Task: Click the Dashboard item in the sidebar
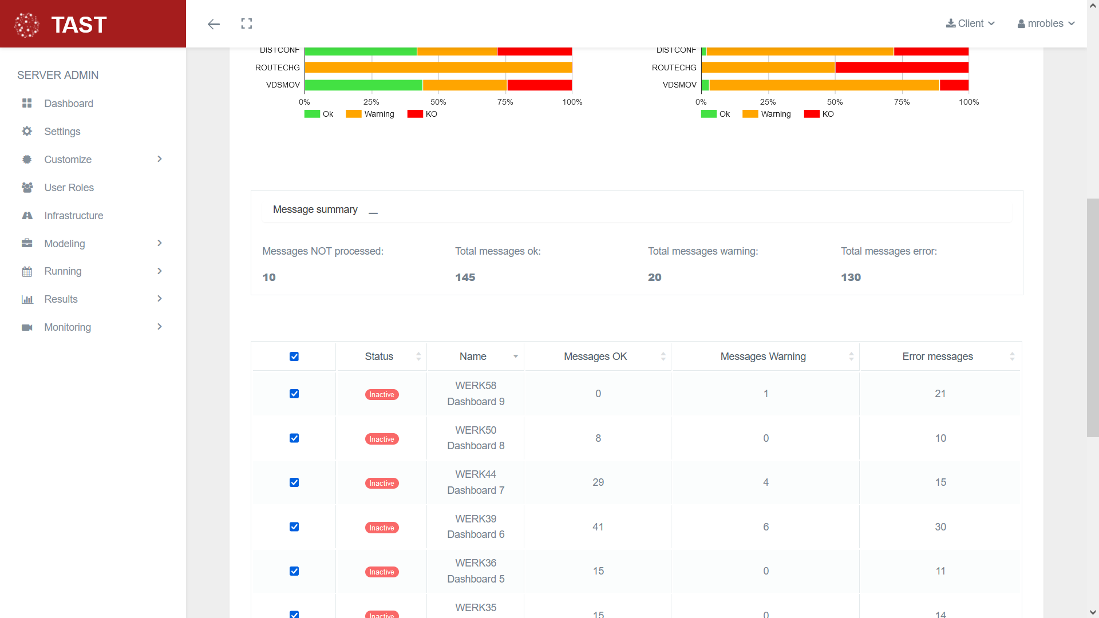click(x=68, y=104)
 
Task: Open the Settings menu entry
click(x=62, y=132)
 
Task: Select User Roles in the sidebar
click(x=69, y=188)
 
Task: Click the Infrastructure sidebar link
click(x=73, y=216)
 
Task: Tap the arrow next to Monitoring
click(x=160, y=327)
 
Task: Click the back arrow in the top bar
click(x=214, y=24)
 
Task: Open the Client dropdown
click(x=971, y=23)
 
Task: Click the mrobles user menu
click(x=1046, y=23)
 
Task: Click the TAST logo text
click(x=79, y=25)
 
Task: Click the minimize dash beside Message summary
click(x=373, y=213)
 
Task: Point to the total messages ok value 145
click(x=465, y=278)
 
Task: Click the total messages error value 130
click(x=851, y=278)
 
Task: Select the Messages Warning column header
click(x=762, y=356)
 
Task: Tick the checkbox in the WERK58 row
click(x=294, y=394)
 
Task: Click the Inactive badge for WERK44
click(x=382, y=484)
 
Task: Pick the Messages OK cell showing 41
click(x=598, y=527)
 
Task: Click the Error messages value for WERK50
click(x=940, y=438)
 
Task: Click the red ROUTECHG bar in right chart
click(x=902, y=68)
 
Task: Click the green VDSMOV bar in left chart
click(x=363, y=85)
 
